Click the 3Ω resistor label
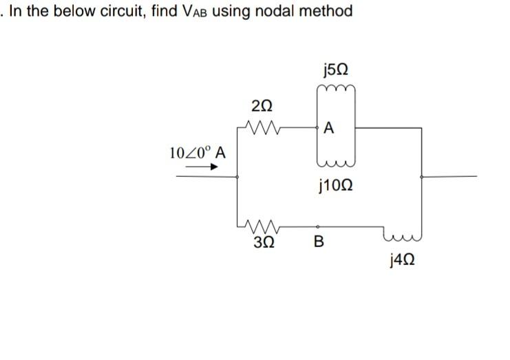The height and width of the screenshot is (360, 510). pyautogui.click(x=262, y=242)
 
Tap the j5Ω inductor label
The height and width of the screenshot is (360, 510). pyautogui.click(x=335, y=70)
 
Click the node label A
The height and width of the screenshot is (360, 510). pyautogui.click(x=328, y=128)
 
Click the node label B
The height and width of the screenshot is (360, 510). pyautogui.click(x=318, y=242)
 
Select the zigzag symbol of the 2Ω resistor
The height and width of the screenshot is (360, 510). pyautogui.click(x=262, y=125)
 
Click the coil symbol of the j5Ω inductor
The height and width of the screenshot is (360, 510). pyautogui.click(x=336, y=89)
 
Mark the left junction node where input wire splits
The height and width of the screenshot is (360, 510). pyautogui.click(x=237, y=176)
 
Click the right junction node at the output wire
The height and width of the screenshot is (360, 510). pyautogui.click(x=422, y=176)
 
